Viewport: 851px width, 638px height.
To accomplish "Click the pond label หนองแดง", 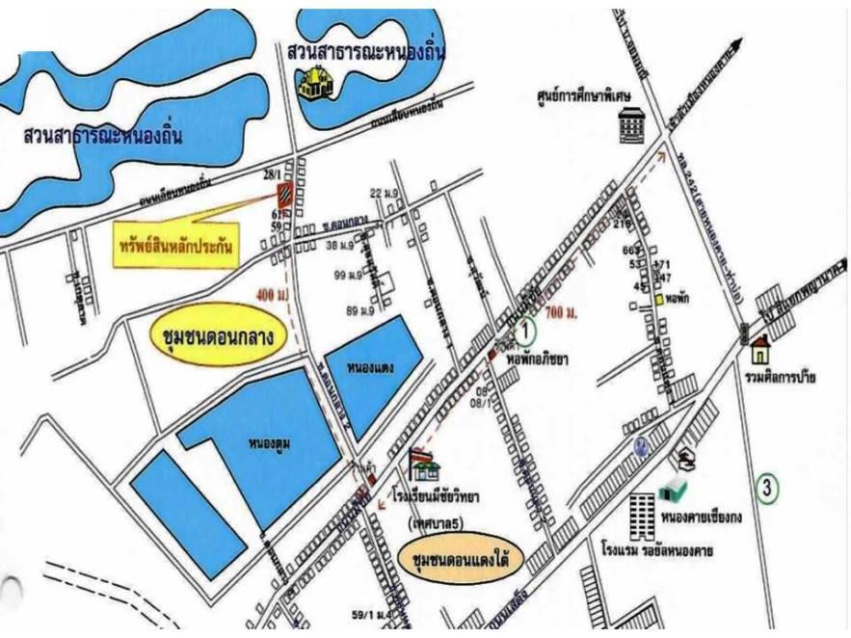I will [369, 366].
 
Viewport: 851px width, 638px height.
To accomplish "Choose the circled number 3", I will [767, 489].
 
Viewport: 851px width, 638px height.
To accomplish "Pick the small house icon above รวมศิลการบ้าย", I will [760, 344].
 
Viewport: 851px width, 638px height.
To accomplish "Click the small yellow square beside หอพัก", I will [660, 300].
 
